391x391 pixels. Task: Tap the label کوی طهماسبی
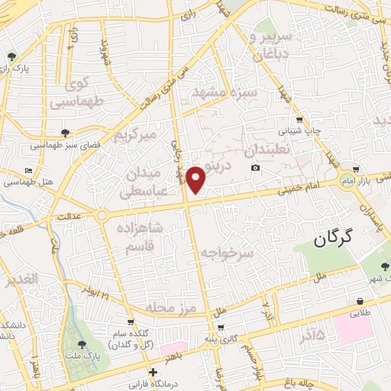point(73,92)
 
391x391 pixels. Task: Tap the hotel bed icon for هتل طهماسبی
point(29,170)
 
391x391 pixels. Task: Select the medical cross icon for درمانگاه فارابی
point(153,373)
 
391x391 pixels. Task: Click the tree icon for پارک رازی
point(11,57)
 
